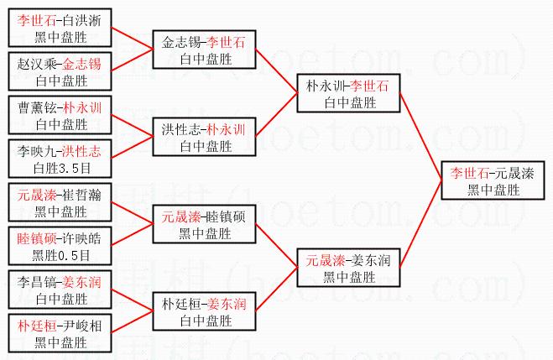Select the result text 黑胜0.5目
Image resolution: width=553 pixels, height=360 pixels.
[61, 255]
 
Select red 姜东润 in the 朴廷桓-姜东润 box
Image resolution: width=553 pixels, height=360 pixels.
[227, 304]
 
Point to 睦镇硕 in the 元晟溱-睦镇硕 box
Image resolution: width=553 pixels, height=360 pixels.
[226, 217]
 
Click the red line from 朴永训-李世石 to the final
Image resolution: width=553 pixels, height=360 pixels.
[420, 137]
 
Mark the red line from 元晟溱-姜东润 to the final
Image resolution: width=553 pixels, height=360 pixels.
[420, 224]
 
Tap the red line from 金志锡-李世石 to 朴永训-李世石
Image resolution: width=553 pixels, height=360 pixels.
[277, 71]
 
